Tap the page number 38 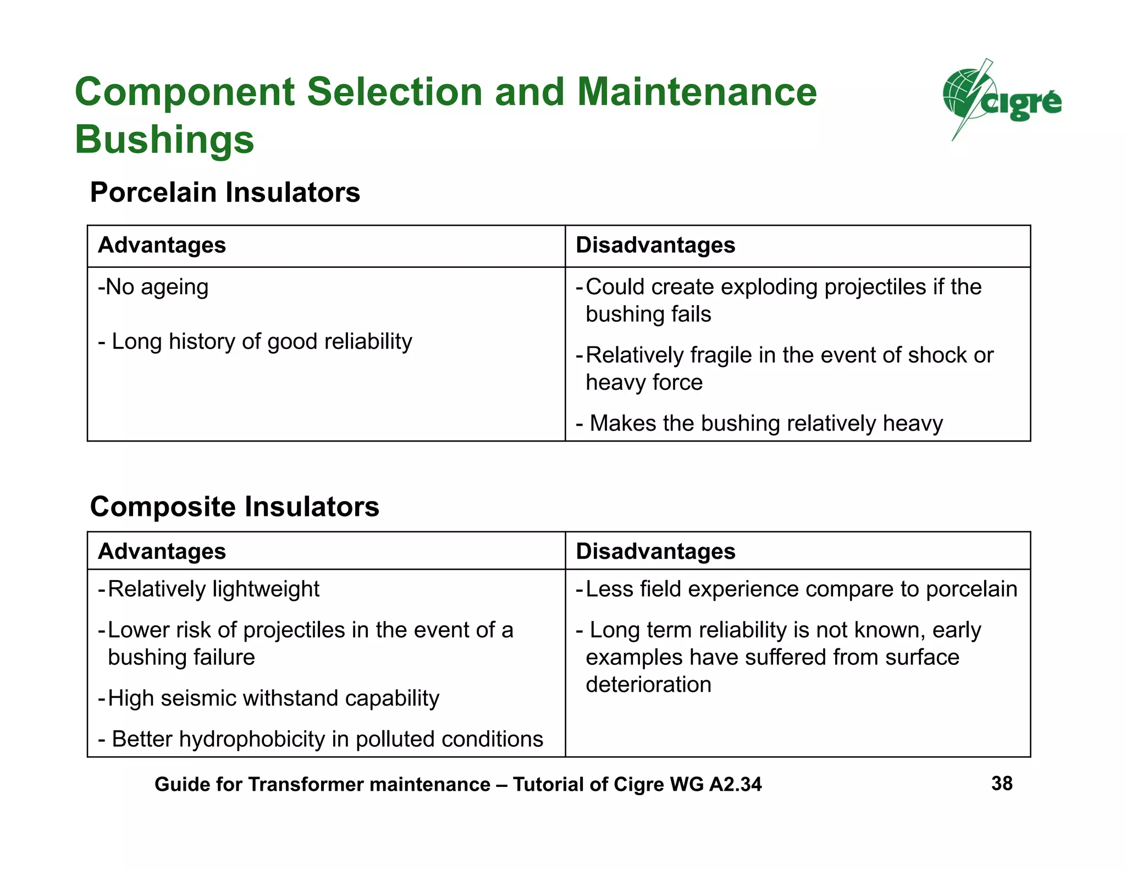[x=1002, y=784]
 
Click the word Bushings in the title [x=164, y=140]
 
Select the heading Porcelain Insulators [x=225, y=192]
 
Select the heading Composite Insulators [x=234, y=506]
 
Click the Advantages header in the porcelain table [x=162, y=245]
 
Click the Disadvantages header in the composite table [x=655, y=552]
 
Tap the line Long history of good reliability [x=255, y=342]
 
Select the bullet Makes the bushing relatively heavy [x=759, y=423]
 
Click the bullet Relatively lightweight [x=209, y=589]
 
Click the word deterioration [x=648, y=685]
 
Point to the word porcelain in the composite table [x=971, y=589]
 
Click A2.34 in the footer [x=735, y=784]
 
